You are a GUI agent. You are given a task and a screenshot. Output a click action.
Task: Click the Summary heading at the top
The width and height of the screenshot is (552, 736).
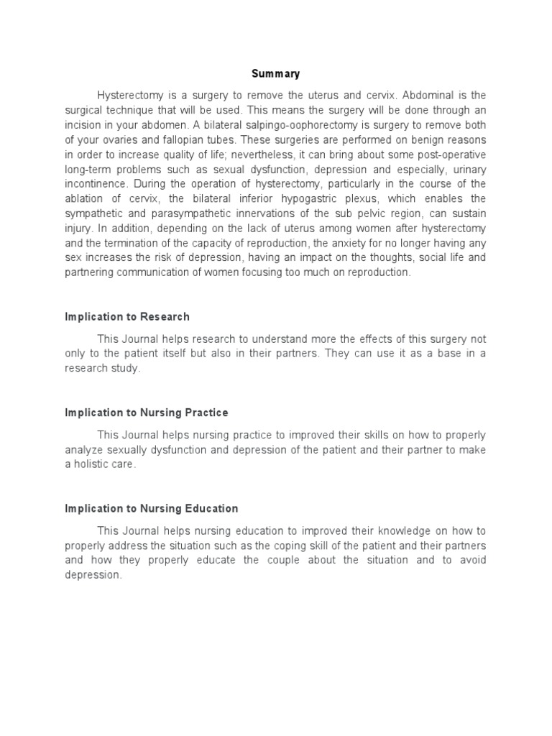(275, 74)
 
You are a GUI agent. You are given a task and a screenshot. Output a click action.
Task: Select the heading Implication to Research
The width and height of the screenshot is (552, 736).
(127, 317)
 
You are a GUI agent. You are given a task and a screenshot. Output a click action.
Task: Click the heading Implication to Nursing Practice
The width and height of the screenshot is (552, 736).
(147, 413)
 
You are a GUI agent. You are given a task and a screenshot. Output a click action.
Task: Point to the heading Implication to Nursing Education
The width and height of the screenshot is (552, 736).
(152, 508)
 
